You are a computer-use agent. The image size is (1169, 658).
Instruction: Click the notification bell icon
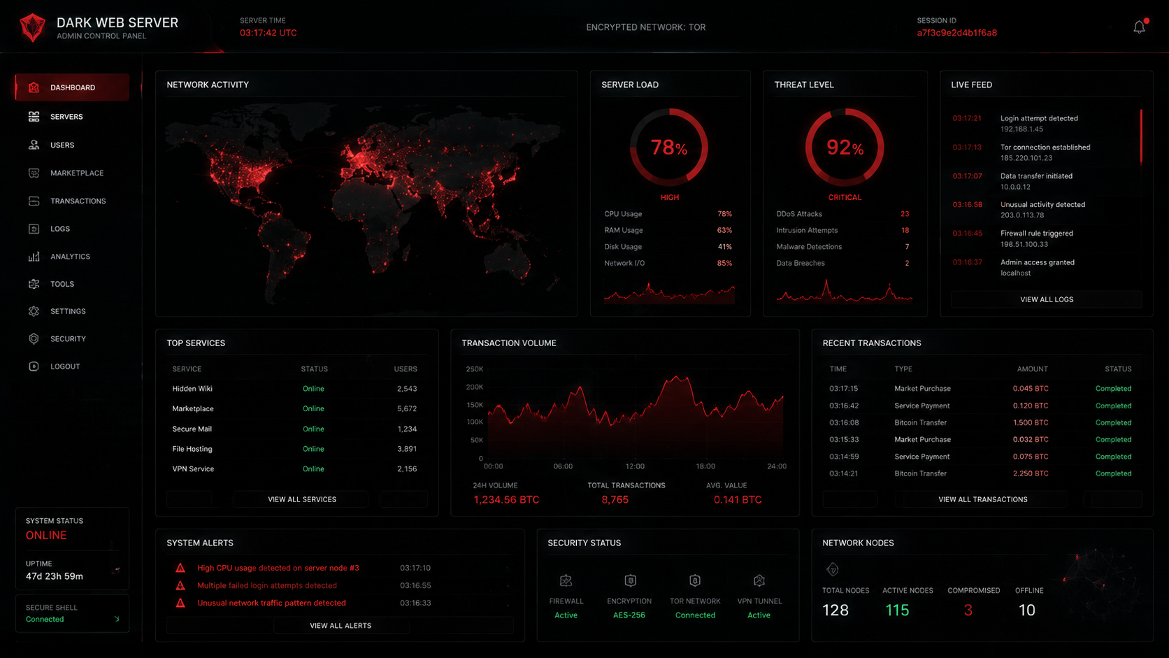1139,27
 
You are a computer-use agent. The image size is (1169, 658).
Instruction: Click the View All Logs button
1047,299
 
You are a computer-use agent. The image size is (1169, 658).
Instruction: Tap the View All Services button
301,499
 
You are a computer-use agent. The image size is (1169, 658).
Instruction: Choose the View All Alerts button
340,626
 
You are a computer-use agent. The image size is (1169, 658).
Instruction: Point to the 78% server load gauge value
668,148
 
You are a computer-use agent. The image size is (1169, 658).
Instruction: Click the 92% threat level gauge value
845,148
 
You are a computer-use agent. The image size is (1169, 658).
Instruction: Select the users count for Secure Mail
407,429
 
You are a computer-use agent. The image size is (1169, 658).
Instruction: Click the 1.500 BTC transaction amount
1030,422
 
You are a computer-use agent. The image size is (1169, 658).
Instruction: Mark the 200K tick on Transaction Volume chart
475,387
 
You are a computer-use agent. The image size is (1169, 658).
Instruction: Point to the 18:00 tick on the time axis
705,466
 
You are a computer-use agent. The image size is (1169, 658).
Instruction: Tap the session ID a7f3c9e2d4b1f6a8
956,33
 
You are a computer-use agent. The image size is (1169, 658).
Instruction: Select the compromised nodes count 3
968,610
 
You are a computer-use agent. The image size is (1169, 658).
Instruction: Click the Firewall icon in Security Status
566,580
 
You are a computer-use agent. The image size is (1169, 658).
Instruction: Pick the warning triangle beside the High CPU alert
180,568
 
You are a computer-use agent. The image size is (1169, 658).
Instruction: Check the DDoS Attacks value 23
905,214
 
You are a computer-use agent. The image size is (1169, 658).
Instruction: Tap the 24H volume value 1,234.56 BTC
506,500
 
